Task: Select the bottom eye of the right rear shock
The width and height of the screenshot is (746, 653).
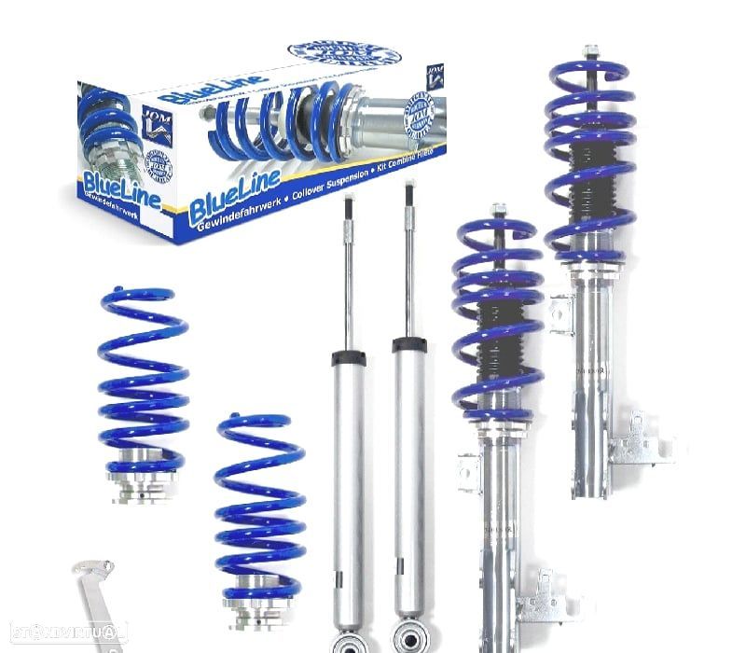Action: (x=411, y=638)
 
